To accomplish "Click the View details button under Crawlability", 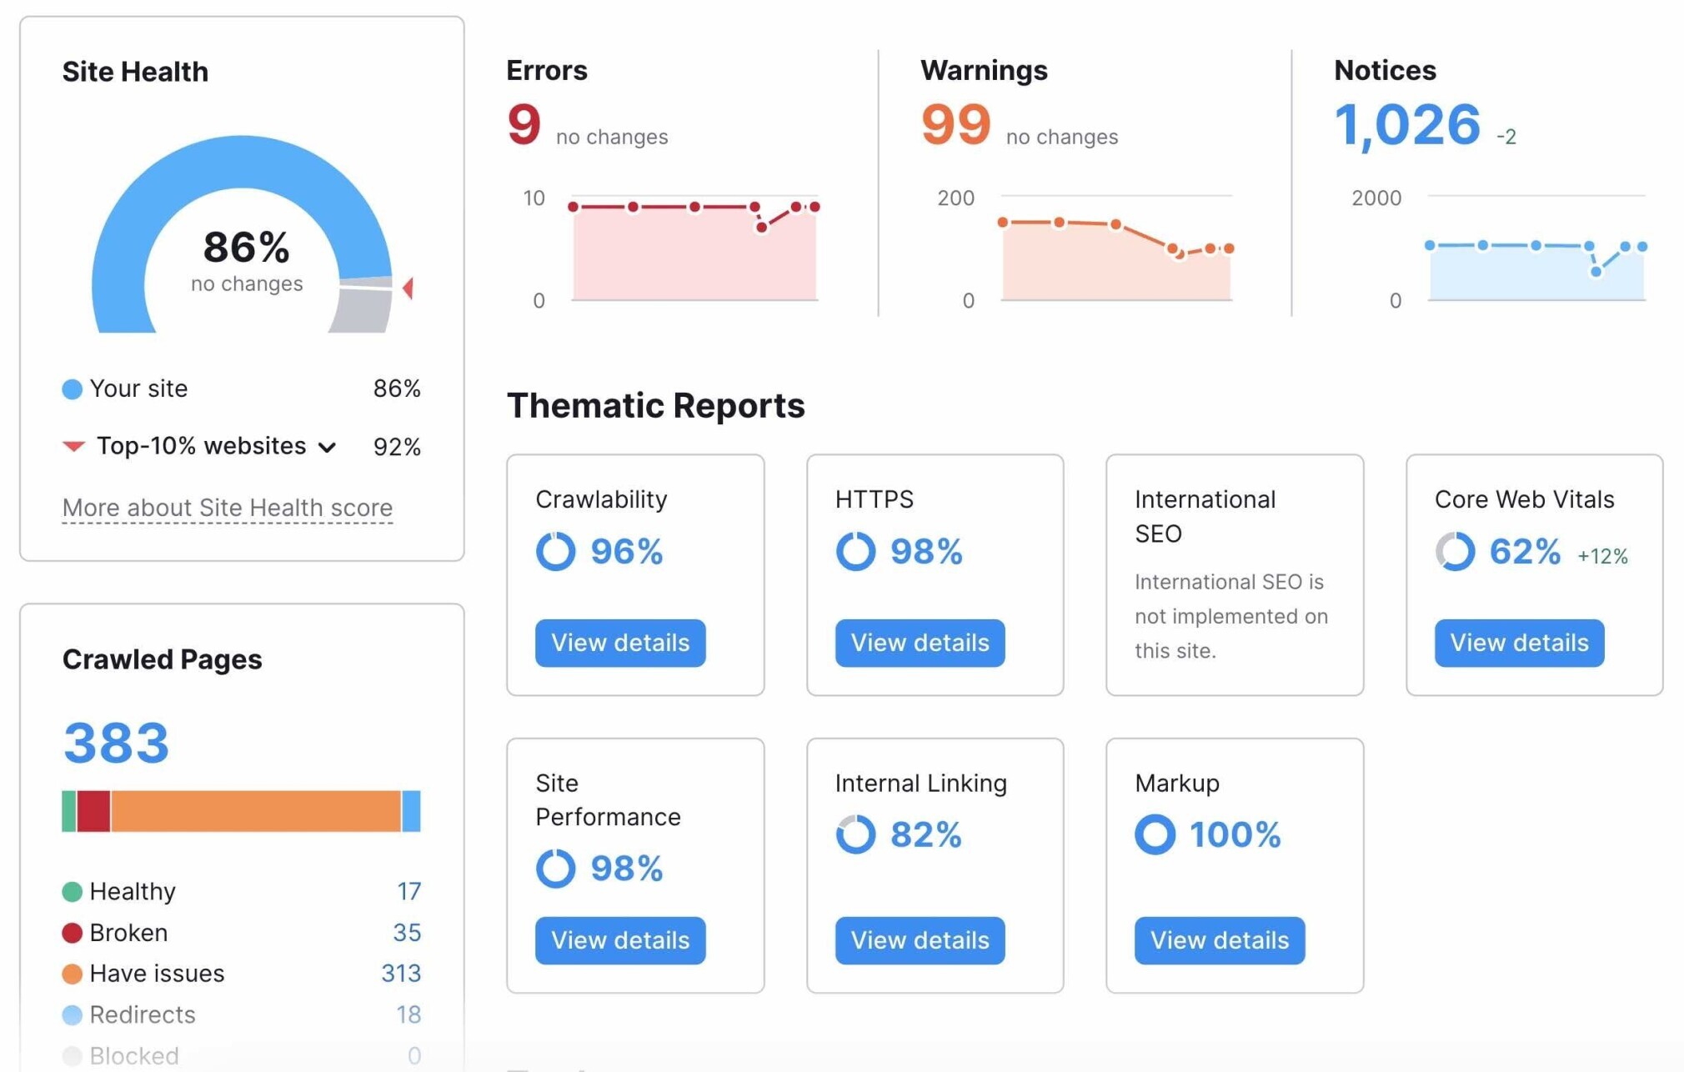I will point(620,643).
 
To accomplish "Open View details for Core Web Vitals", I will point(1519,643).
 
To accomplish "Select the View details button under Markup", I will point(1219,940).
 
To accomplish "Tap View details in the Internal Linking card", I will point(920,940).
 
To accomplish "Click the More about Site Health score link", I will point(227,508).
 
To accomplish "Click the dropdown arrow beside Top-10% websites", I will point(328,448).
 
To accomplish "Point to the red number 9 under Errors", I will point(524,125).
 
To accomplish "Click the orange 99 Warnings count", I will point(955,125).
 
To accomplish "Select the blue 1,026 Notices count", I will point(1407,125).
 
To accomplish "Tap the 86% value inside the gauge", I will point(246,248).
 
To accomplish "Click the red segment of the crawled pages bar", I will point(93,811).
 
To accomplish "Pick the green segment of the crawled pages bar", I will point(69,811).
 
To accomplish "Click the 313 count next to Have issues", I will point(401,973).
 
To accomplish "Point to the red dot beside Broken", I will point(73,933).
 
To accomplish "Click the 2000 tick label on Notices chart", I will point(1376,198).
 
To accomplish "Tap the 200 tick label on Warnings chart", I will point(955,198).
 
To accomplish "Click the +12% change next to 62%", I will point(1602,556).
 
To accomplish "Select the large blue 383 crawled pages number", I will point(117,743).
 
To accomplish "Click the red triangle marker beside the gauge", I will point(408,288).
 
